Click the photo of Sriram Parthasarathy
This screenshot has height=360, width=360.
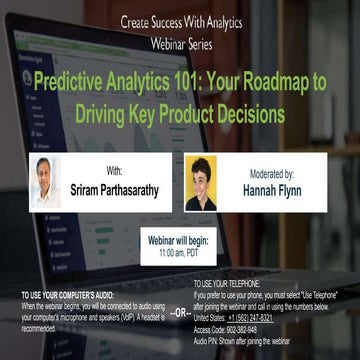(45, 181)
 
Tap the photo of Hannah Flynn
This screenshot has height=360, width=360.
(201, 182)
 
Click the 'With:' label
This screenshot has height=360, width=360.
(114, 171)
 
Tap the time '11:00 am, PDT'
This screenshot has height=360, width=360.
(179, 254)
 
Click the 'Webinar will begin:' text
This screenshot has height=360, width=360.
(179, 242)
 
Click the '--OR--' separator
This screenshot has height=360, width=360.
(179, 312)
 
